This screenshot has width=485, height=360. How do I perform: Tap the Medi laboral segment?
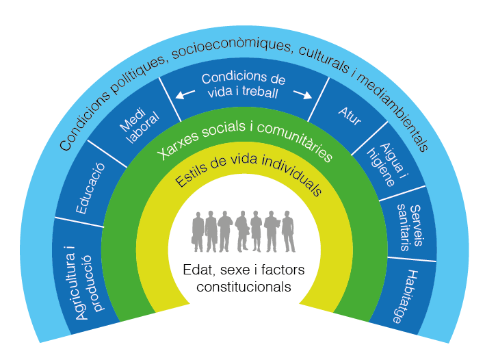point(137,129)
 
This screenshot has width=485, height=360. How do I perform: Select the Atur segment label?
point(350,114)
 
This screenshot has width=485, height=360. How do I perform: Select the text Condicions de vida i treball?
point(242,86)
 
